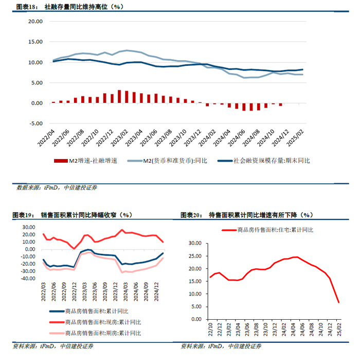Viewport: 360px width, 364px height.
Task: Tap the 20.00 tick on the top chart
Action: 35,22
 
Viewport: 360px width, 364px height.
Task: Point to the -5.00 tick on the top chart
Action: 35,124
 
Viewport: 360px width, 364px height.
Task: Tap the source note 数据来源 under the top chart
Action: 57,187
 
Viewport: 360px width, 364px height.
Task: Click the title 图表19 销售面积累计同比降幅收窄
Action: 72,215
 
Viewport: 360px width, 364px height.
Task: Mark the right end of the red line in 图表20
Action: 339,302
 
